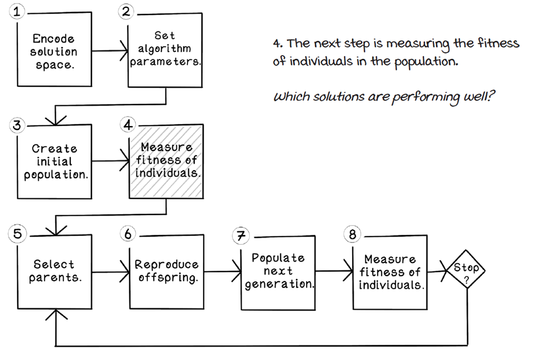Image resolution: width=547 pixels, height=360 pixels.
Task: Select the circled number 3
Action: [x=17, y=125]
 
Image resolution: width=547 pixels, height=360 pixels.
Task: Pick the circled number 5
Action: [x=17, y=234]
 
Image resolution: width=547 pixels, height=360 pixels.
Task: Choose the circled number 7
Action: [x=240, y=236]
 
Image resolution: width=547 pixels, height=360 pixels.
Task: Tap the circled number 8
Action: [x=352, y=235]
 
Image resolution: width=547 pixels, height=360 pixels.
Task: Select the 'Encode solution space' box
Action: [x=54, y=52]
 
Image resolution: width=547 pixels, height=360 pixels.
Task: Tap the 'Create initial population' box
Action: [x=55, y=162]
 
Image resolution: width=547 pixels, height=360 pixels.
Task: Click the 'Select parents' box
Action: [x=55, y=271]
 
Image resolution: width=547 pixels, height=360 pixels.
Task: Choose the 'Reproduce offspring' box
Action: [x=166, y=271]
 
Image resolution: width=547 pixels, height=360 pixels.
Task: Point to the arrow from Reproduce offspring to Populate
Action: [x=222, y=271]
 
